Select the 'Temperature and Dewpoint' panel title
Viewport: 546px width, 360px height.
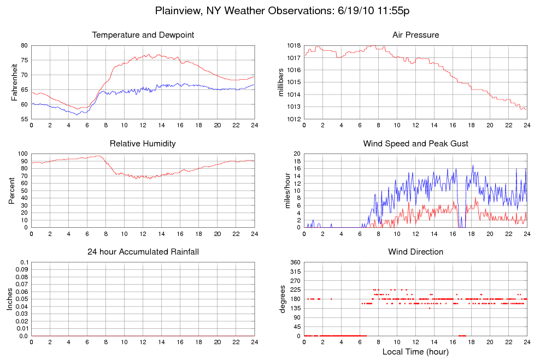point(143,36)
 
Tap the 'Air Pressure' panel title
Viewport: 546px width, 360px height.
point(415,36)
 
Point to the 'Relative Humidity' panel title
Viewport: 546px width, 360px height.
point(143,144)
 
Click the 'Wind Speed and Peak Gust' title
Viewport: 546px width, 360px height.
point(415,144)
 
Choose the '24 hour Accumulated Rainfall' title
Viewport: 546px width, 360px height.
point(143,252)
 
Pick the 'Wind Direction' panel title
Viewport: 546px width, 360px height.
point(415,252)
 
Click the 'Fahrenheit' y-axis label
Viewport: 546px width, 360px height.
point(15,82)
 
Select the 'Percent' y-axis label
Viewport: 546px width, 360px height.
point(12,190)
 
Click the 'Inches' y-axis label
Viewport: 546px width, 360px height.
point(9,299)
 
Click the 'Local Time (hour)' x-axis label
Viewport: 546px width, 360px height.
point(415,352)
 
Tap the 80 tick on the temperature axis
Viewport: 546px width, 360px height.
point(24,45)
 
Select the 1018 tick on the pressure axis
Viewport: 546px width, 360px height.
point(293,45)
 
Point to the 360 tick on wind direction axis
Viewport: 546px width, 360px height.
point(295,262)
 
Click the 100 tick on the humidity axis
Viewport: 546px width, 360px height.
point(22,154)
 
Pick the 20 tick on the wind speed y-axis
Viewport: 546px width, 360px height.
point(297,154)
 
